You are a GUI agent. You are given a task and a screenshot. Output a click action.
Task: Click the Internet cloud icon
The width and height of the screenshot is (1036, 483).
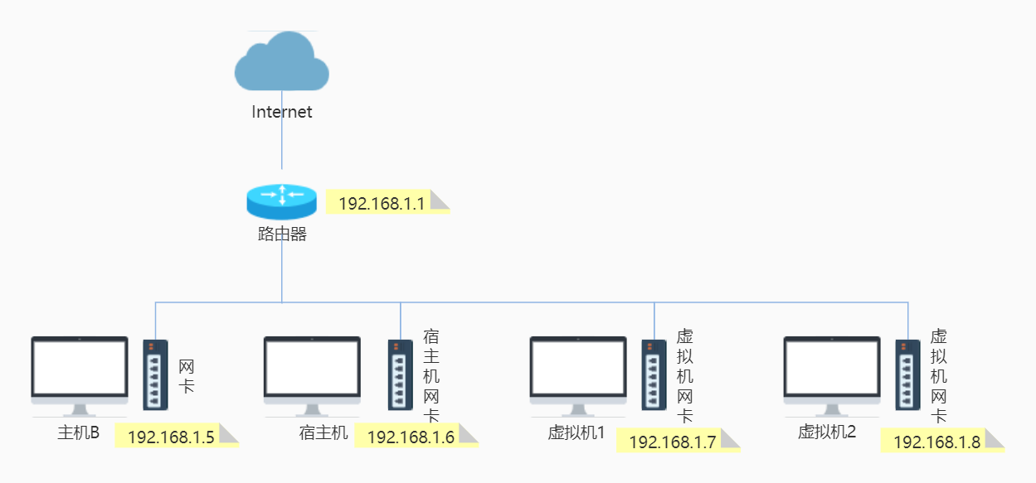(281, 62)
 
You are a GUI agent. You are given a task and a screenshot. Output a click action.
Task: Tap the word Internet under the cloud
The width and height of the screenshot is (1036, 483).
(282, 112)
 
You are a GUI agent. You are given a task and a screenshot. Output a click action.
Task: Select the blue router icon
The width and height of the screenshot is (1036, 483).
(281, 200)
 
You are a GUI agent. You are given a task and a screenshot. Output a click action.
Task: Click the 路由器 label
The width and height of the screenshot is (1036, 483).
(282, 234)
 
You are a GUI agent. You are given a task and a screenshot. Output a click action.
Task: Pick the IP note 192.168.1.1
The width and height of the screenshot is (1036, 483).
(382, 203)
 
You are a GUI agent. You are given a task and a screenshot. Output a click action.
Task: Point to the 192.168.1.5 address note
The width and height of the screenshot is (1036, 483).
(172, 437)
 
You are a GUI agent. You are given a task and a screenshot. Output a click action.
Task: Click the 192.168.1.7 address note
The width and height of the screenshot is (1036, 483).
(673, 442)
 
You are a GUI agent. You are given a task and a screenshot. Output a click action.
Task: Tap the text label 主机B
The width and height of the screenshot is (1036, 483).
(79, 432)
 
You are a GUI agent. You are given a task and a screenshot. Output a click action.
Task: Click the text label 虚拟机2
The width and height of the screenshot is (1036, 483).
(827, 432)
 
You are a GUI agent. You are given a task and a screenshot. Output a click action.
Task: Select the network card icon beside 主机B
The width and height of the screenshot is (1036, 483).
(155, 374)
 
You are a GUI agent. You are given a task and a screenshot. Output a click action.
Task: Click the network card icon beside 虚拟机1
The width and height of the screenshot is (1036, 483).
(654, 374)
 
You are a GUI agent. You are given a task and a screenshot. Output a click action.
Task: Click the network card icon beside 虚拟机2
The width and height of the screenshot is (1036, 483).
(907, 374)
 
